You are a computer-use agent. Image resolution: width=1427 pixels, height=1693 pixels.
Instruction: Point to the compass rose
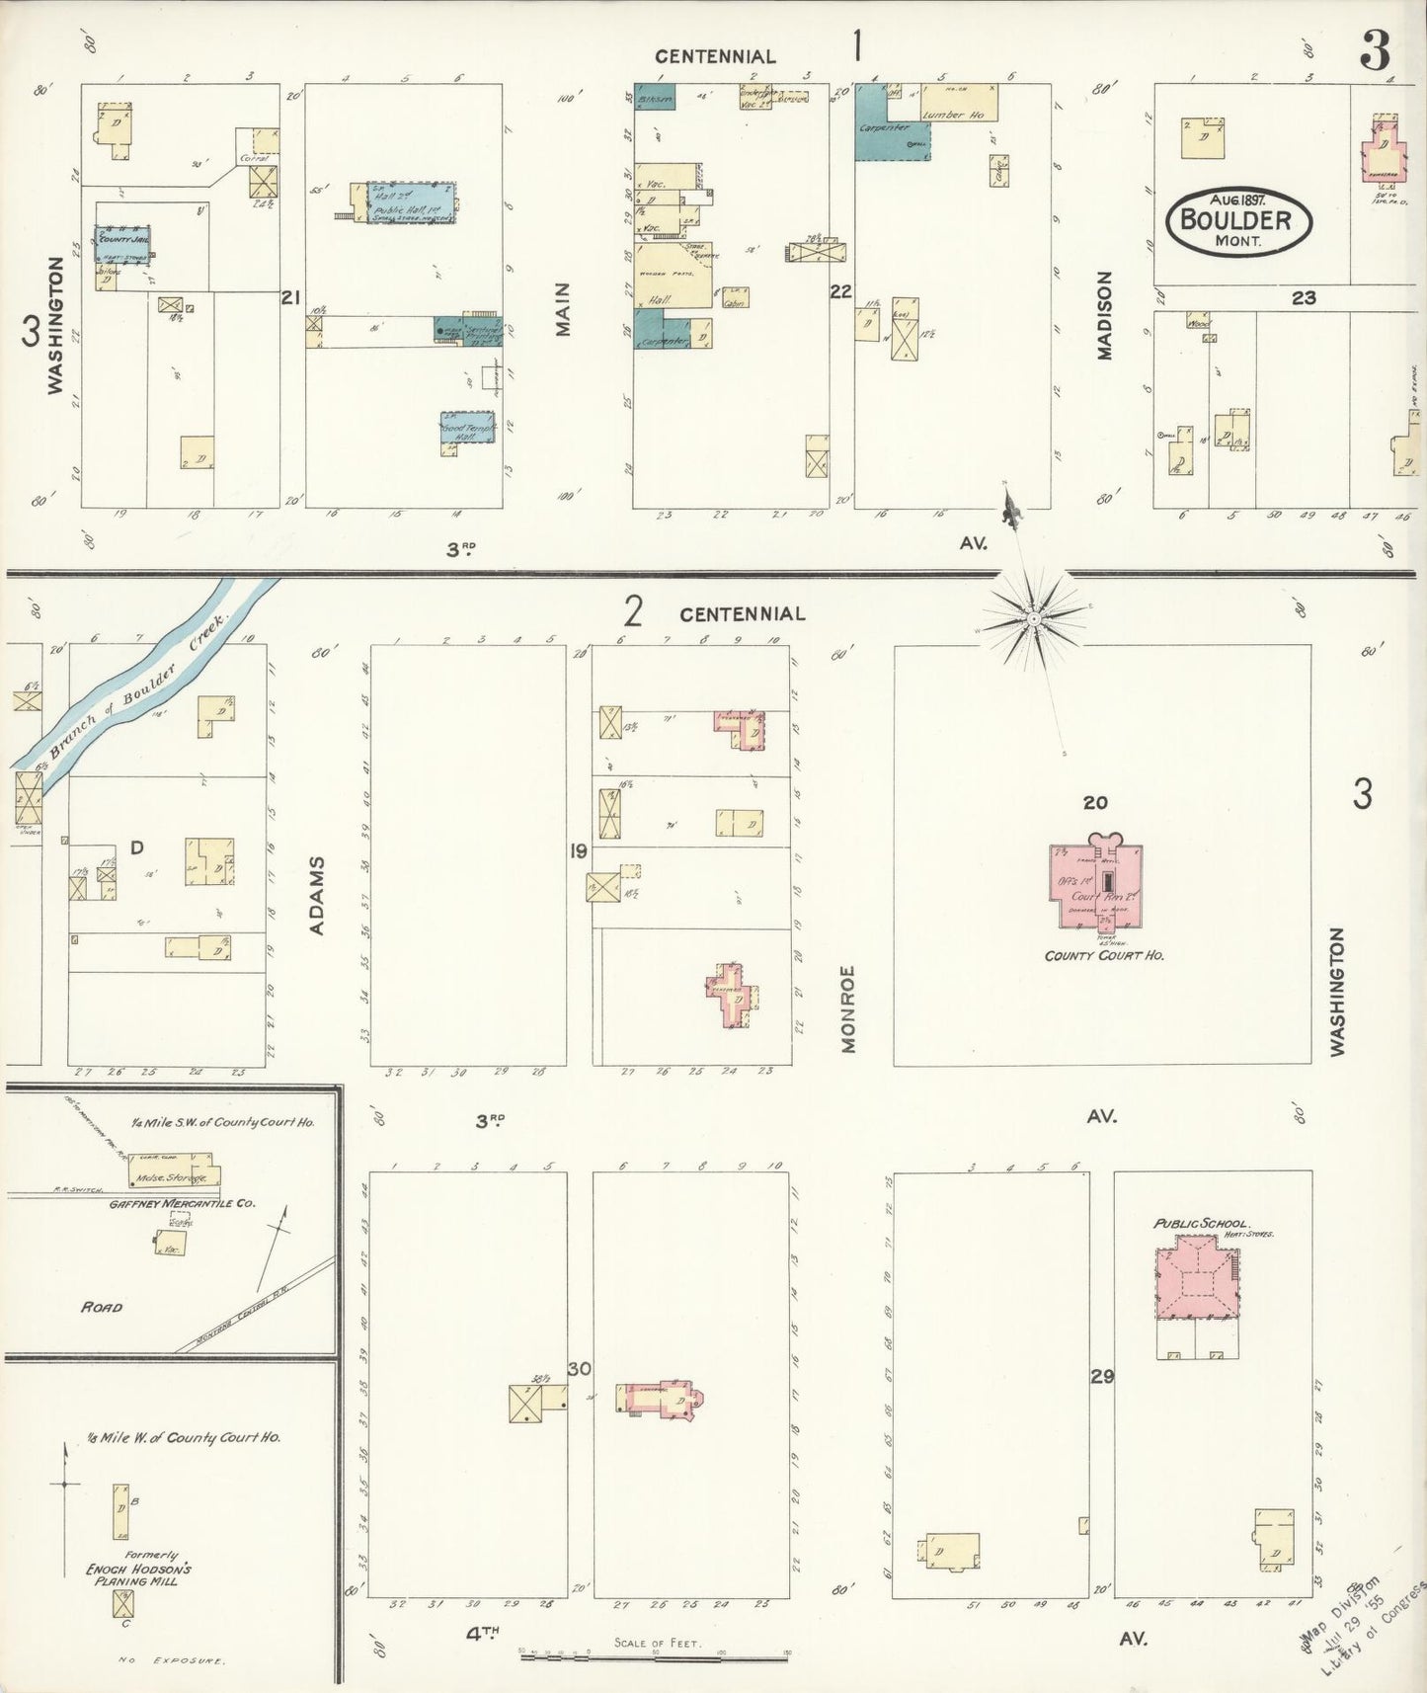click(x=1032, y=618)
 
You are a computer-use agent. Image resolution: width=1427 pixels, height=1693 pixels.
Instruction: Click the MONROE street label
click(x=847, y=1008)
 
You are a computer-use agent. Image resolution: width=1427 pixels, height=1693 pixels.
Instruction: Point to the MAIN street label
click(x=564, y=309)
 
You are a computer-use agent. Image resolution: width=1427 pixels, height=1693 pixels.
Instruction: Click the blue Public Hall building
click(x=412, y=202)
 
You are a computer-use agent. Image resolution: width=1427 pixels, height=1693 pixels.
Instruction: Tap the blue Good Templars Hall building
click(x=467, y=428)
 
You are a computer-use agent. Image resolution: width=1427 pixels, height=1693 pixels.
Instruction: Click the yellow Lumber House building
click(x=959, y=104)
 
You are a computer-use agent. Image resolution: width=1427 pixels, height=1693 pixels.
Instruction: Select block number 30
click(x=580, y=1369)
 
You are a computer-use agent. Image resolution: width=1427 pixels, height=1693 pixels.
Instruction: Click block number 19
click(x=578, y=850)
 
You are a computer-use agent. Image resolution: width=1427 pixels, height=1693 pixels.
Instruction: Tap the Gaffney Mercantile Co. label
click(x=182, y=1203)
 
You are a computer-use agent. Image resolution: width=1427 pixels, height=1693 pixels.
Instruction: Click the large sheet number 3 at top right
click(x=1375, y=51)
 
